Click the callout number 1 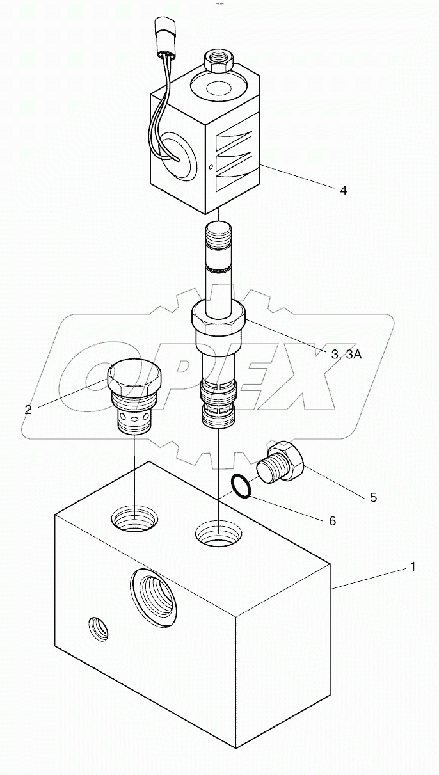[413, 566]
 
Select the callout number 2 [28, 410]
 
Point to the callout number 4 [343, 190]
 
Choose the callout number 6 [331, 521]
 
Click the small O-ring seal [241, 486]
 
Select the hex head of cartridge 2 [135, 379]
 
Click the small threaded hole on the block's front [98, 628]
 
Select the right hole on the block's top [219, 532]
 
